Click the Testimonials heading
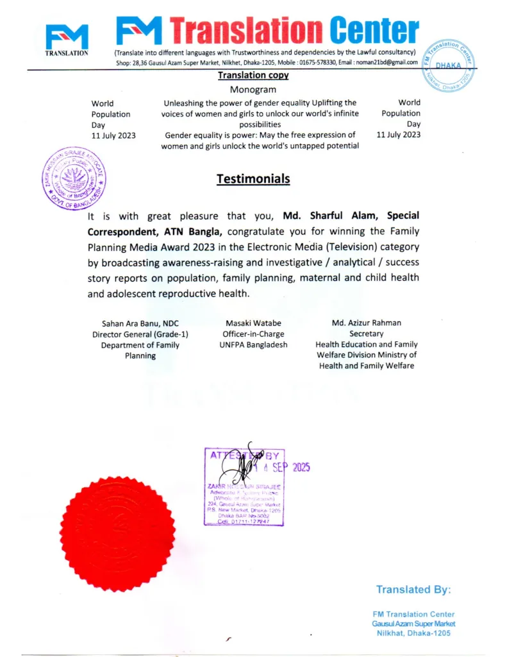(x=253, y=179)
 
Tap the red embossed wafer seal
(x=118, y=534)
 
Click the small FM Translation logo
(x=67, y=40)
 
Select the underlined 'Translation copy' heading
(x=253, y=75)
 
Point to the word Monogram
(x=253, y=90)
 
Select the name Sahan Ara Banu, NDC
(x=140, y=323)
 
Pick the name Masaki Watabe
(x=253, y=323)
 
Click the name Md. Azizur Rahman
(x=366, y=323)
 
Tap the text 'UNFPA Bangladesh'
(x=253, y=345)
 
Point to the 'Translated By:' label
(x=413, y=589)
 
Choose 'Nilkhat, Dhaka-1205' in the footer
(x=413, y=633)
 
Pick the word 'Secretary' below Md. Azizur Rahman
(x=366, y=334)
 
